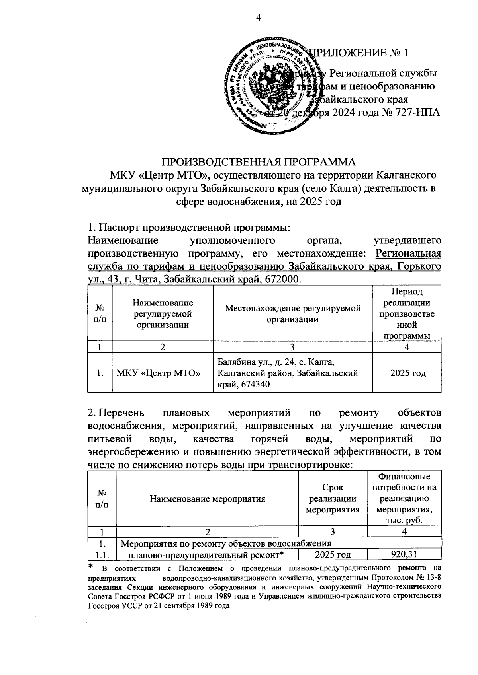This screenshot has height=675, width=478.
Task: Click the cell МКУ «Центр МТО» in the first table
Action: click(x=158, y=373)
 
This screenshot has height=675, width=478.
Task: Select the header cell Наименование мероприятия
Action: click(x=207, y=498)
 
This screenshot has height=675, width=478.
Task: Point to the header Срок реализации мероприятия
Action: click(x=333, y=498)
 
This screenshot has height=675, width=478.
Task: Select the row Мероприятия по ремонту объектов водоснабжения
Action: click(x=226, y=543)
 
